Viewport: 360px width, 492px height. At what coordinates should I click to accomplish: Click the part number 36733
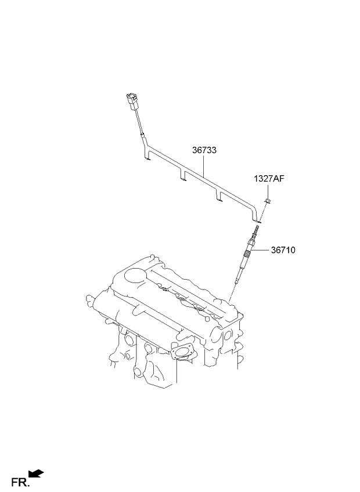(x=204, y=150)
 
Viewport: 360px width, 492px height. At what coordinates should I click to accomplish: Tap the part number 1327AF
(x=269, y=179)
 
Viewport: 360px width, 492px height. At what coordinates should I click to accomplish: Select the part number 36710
(x=283, y=250)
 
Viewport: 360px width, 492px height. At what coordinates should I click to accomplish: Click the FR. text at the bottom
(x=20, y=482)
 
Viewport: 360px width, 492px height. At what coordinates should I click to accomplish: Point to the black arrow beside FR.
(x=36, y=473)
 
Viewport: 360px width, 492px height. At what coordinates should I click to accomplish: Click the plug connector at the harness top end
(x=132, y=101)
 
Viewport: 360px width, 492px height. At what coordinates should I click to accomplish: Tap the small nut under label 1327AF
(x=267, y=200)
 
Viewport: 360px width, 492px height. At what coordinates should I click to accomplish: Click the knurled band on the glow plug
(x=247, y=253)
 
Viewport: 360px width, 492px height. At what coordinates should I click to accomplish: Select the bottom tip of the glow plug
(x=236, y=282)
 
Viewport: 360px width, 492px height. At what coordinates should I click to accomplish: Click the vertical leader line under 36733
(x=203, y=166)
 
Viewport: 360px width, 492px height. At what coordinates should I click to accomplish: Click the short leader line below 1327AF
(x=268, y=191)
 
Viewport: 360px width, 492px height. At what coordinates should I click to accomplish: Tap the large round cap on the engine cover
(x=135, y=276)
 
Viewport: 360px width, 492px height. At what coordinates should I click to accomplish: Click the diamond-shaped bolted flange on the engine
(x=182, y=351)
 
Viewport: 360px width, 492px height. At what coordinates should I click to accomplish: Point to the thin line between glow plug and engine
(x=232, y=292)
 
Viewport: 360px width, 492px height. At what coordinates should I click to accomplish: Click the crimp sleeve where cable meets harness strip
(x=143, y=137)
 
